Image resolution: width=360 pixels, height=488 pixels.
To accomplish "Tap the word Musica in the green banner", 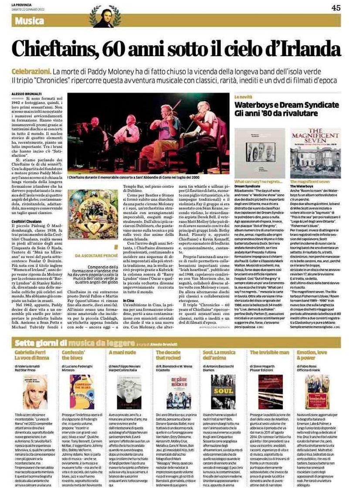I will point(30,20).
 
